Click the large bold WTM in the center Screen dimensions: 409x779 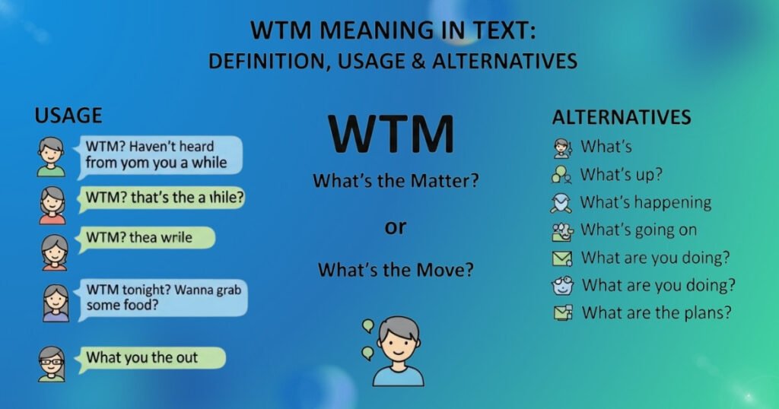click(x=393, y=135)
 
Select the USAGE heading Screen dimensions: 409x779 click(x=68, y=116)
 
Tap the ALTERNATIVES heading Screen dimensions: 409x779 click(x=622, y=118)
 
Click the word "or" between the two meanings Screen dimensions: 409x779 click(x=395, y=227)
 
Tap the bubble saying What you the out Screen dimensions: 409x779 click(x=152, y=357)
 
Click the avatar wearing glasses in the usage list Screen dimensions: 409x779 click(x=52, y=363)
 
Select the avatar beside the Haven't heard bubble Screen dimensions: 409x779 click(x=52, y=156)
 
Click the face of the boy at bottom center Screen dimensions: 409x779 click(x=398, y=341)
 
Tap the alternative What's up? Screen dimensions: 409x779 click(x=622, y=175)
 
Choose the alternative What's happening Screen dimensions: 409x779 click(x=646, y=202)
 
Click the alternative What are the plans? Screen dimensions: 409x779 click(x=657, y=312)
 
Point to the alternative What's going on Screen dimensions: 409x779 click(x=638, y=230)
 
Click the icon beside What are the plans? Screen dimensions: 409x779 click(x=562, y=312)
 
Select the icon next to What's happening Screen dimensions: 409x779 click(x=562, y=202)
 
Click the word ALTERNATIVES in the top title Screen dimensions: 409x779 click(x=504, y=61)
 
